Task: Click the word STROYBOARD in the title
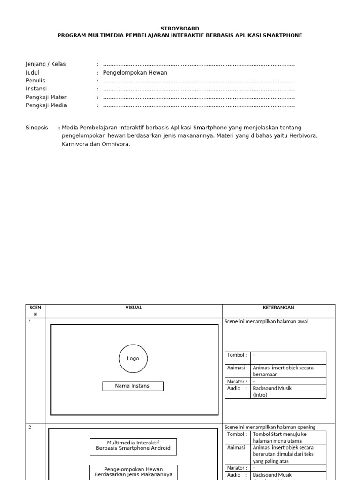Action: click(x=180, y=29)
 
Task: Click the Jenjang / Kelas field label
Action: click(x=45, y=64)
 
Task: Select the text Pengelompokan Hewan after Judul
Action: click(x=135, y=73)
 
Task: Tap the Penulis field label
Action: click(x=35, y=81)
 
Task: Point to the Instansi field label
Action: click(x=36, y=89)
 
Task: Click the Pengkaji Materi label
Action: click(x=46, y=97)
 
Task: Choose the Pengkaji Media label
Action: click(x=46, y=105)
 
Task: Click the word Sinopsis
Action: click(x=37, y=127)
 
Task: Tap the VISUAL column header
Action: click(x=134, y=308)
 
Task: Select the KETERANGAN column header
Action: click(x=278, y=308)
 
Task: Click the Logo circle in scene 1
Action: click(x=133, y=359)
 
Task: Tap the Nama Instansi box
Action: click(x=133, y=386)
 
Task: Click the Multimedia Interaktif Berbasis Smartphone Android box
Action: click(x=133, y=446)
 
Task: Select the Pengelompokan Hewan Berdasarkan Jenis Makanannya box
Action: click(x=133, y=472)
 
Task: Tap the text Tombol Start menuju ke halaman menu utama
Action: click(x=279, y=437)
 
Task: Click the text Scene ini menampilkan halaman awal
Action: click(x=266, y=322)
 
